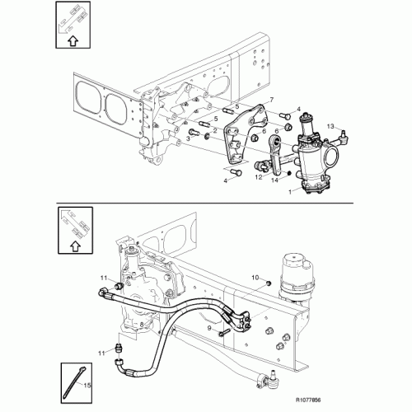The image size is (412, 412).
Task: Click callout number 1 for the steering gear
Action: pyautogui.click(x=290, y=192)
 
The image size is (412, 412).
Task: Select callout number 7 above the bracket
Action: pyautogui.click(x=272, y=100)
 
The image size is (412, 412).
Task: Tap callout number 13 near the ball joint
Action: pyautogui.click(x=330, y=126)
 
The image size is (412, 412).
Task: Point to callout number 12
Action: pyautogui.click(x=259, y=177)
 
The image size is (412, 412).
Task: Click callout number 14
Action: pyautogui.click(x=275, y=180)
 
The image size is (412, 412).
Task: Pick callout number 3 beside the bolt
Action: pyautogui.click(x=188, y=138)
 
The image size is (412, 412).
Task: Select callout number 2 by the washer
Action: pyautogui.click(x=215, y=131)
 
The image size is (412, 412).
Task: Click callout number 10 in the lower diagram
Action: pyautogui.click(x=255, y=278)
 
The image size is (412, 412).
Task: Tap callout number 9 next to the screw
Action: pyautogui.click(x=209, y=328)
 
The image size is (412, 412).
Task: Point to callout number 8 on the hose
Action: pyautogui.click(x=142, y=325)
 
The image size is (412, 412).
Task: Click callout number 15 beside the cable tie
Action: pyautogui.click(x=87, y=386)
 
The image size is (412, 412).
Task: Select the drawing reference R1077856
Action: pyautogui.click(x=308, y=400)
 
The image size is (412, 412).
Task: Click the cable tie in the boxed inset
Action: pyautogui.click(x=73, y=382)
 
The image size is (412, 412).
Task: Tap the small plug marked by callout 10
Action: pyautogui.click(x=269, y=283)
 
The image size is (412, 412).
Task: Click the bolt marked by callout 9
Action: pyautogui.click(x=223, y=333)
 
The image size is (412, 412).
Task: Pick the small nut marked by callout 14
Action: pyautogui.click(x=288, y=173)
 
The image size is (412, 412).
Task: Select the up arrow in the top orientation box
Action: pyautogui.click(x=73, y=41)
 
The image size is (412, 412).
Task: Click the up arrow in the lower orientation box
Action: pyautogui.click(x=75, y=246)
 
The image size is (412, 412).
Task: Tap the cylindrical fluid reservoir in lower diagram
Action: pyautogui.click(x=297, y=278)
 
